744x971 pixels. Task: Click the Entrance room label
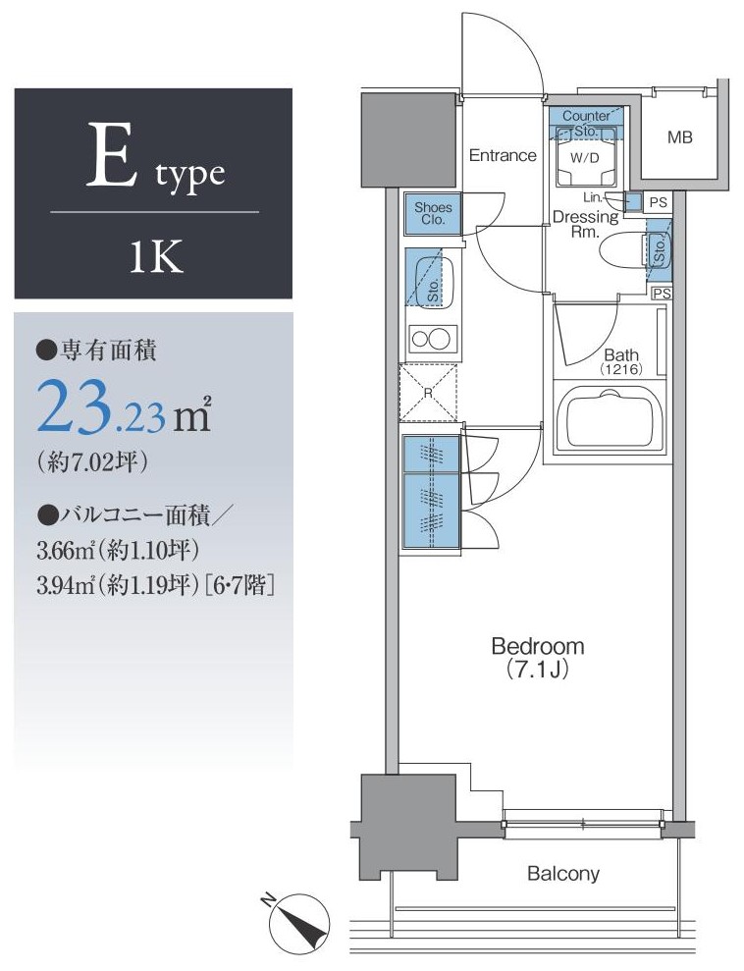click(502, 155)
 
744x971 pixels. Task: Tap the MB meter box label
click(679, 137)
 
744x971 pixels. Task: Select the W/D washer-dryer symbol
click(586, 157)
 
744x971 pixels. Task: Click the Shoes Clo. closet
click(433, 214)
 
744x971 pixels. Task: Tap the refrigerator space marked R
click(428, 393)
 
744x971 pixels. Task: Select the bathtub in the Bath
click(611, 418)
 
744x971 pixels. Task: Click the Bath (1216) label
click(621, 361)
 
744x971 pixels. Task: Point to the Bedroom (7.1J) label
click(537, 657)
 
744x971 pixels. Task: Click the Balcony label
click(563, 874)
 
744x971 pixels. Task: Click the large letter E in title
click(112, 154)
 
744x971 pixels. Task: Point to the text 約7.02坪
click(92, 461)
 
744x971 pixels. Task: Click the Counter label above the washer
click(586, 116)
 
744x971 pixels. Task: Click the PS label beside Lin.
click(659, 202)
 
